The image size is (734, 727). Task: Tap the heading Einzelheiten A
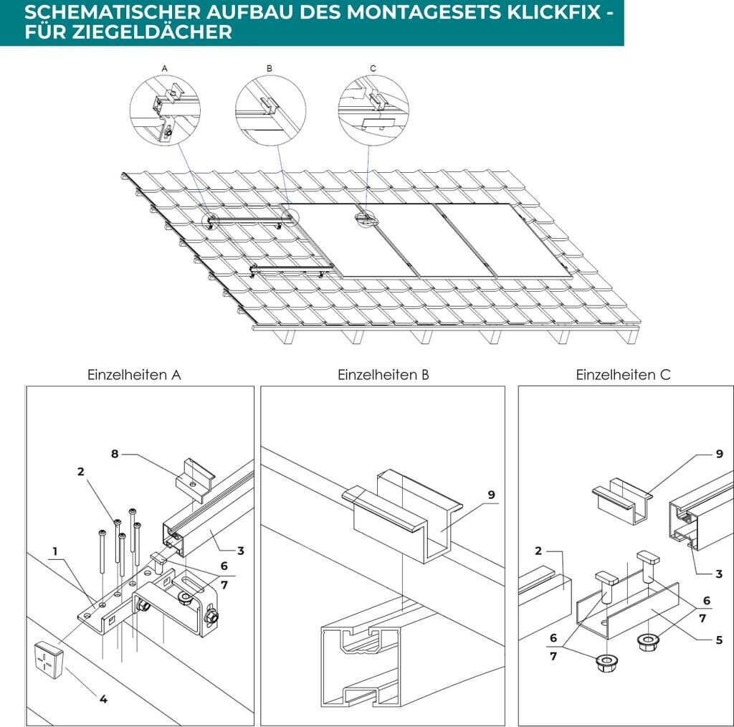point(134,374)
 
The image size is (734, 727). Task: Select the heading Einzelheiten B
point(383,374)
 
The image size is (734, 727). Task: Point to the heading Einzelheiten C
point(624,374)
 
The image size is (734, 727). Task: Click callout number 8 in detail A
point(114,453)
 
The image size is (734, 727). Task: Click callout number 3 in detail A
point(241,551)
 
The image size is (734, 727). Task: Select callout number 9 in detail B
point(491,495)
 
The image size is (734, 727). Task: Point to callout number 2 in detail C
point(538,551)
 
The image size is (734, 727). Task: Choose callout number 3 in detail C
point(719,574)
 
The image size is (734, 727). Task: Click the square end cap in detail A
point(48,657)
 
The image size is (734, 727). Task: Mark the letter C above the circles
point(373,68)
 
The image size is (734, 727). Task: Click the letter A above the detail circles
point(164,68)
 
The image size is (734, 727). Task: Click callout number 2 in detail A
point(81,472)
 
